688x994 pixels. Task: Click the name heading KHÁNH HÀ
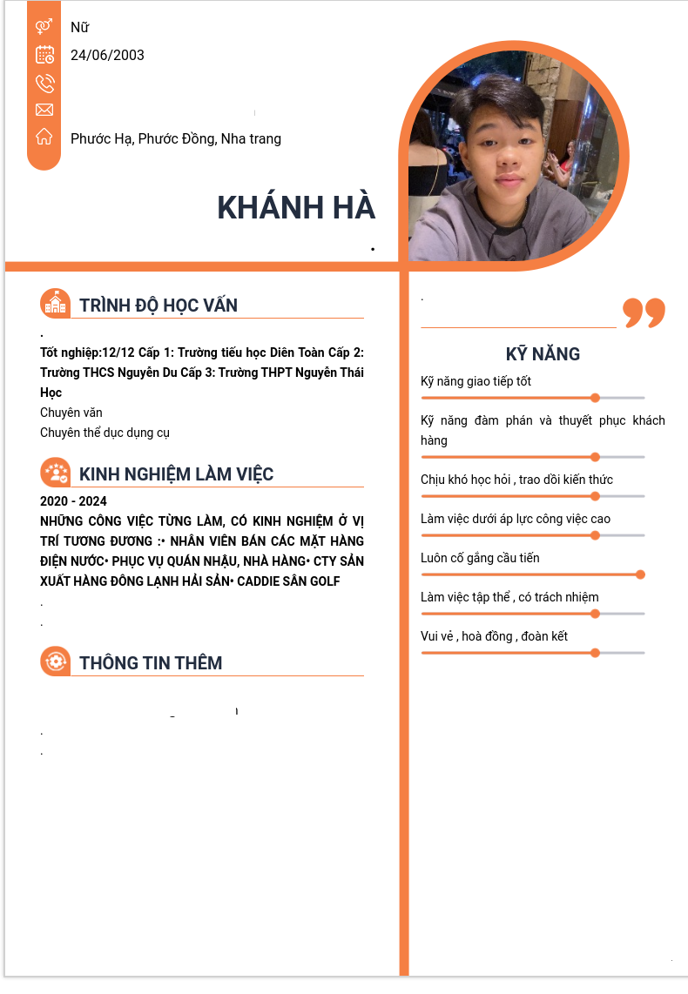296,208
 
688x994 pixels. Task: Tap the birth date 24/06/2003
107,55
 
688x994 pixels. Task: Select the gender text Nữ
79,27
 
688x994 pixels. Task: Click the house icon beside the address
44,137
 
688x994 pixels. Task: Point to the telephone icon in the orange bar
44,83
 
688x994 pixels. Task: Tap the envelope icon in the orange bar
44,110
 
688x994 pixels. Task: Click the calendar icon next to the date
44,55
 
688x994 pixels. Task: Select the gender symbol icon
44,27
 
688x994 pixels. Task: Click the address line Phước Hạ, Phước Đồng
175,138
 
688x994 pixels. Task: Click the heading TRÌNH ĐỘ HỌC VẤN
158,305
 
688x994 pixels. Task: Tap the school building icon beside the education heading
55,304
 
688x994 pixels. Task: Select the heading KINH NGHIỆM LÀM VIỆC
176,473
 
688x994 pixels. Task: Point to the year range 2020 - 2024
73,501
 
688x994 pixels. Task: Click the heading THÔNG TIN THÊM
151,662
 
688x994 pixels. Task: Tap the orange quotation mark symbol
644,312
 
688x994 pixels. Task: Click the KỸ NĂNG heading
543,353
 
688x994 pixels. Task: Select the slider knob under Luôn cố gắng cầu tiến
640,574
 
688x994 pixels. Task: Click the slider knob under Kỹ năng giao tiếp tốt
595,398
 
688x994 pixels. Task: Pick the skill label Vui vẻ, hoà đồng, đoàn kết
494,636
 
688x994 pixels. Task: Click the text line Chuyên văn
71,413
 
